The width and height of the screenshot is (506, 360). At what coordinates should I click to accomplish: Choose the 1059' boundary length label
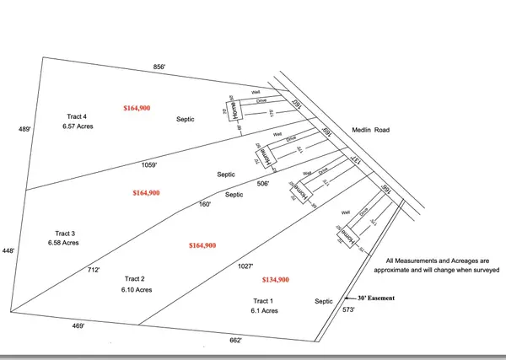coord(152,164)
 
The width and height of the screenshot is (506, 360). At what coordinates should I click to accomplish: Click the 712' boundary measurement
coord(94,270)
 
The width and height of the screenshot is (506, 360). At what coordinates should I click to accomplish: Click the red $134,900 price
coord(277,279)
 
